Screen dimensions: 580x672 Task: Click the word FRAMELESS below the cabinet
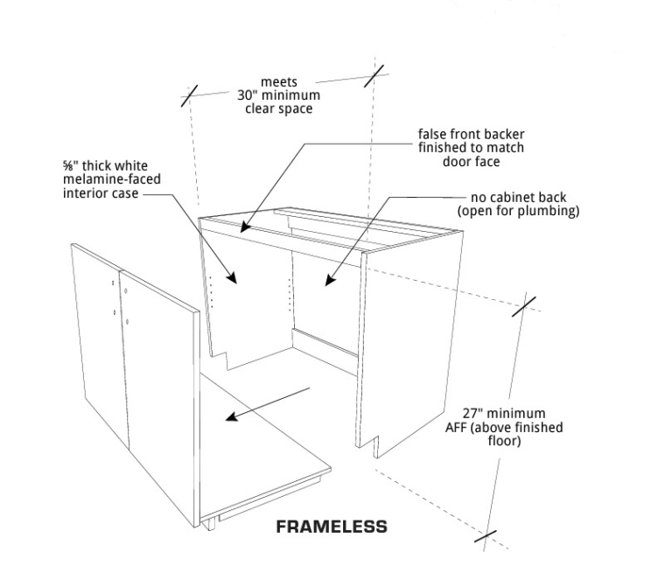[332, 527]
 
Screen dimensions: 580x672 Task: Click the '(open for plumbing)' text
[518, 211]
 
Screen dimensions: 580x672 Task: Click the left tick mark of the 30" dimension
[190, 95]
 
